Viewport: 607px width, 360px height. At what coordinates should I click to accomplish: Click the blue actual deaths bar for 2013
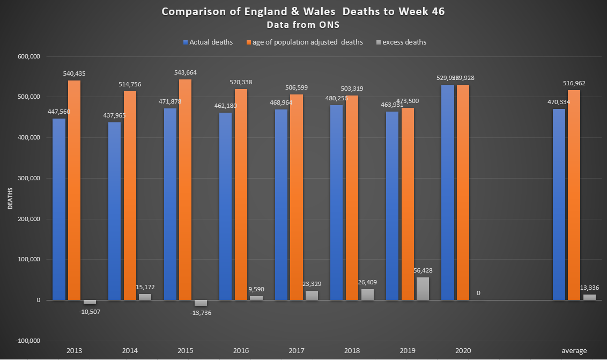59,209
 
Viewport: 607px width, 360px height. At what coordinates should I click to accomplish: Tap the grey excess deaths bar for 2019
423,289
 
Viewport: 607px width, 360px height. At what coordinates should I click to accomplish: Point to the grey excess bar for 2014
145,297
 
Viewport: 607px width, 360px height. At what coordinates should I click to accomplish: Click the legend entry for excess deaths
402,42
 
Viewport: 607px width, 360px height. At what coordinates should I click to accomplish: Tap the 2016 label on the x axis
241,350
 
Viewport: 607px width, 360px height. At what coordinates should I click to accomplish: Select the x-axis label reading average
574,350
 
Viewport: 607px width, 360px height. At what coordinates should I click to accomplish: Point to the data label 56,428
423,270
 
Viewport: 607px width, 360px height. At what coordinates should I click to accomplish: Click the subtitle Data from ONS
303,24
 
